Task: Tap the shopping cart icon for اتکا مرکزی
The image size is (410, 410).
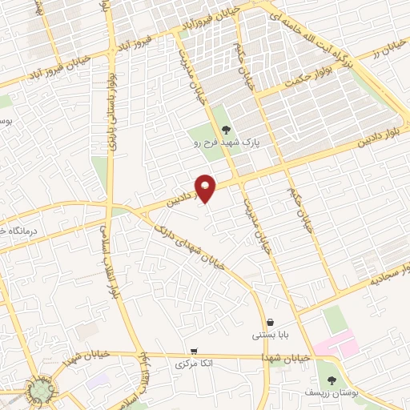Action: point(194,352)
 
